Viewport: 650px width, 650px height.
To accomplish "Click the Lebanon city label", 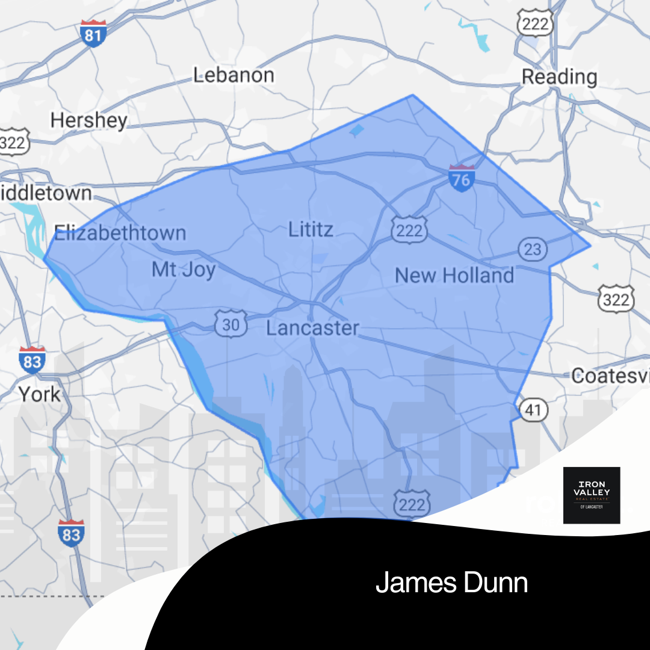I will coord(234,75).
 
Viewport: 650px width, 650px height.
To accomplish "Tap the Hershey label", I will coord(88,120).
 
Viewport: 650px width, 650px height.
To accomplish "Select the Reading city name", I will coord(559,77).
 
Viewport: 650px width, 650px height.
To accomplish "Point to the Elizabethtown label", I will coord(120,233).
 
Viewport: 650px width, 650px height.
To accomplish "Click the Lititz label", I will coord(311,229).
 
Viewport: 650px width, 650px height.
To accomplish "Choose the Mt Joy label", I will coord(184,269).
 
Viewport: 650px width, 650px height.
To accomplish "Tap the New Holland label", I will coord(454,276).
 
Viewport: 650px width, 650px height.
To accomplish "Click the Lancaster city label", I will coord(312,328).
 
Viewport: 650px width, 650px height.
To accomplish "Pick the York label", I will coord(39,395).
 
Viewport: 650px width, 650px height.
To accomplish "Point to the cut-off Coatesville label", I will coord(610,376).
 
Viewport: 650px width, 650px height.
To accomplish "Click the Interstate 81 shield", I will coord(93,34).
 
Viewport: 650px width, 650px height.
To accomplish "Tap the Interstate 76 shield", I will coord(462,178).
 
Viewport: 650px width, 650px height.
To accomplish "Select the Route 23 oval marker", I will coord(532,249).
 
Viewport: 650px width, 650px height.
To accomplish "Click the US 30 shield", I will coord(231,325).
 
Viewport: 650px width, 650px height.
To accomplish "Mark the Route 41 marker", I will coord(533,411).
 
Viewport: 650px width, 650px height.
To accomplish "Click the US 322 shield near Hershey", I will coord(11,142).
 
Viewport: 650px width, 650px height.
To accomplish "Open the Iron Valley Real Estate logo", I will coord(591,495).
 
